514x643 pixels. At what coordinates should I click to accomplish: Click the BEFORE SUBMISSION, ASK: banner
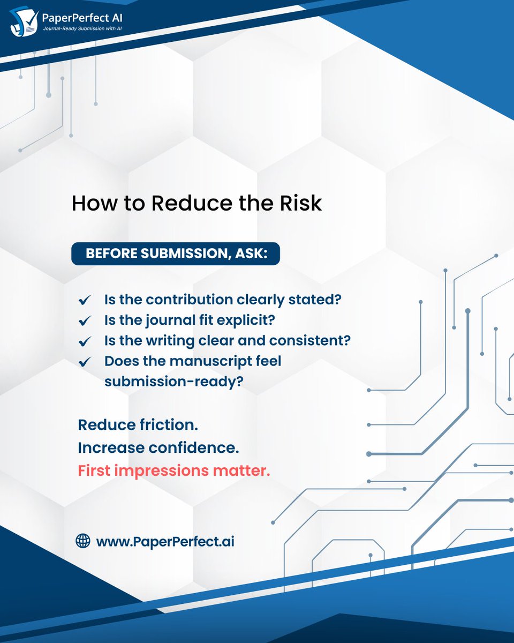(176, 253)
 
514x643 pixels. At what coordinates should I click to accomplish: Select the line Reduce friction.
(138, 425)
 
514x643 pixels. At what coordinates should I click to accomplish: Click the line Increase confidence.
(158, 448)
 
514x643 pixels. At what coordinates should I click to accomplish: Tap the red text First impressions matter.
(174, 471)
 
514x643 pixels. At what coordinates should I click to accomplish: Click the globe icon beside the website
(83, 541)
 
